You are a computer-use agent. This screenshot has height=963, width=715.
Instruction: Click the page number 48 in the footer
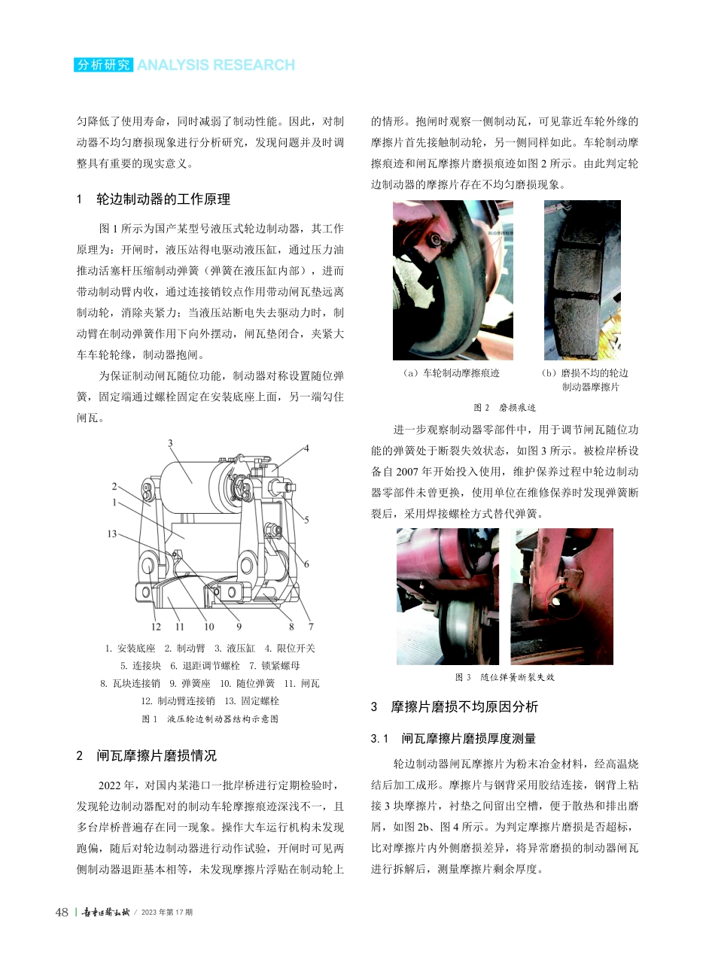(x=62, y=912)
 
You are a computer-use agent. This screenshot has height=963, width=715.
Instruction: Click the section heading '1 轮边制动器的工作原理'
(x=154, y=199)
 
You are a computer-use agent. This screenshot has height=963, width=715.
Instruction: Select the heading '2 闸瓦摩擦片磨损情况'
(x=147, y=755)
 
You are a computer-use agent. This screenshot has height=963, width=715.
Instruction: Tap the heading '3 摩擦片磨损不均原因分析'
(x=455, y=706)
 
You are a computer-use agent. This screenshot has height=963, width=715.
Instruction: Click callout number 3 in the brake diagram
(x=171, y=443)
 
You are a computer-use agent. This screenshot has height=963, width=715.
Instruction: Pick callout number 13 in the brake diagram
(x=111, y=533)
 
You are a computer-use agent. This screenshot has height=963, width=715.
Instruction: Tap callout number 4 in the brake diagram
(x=306, y=448)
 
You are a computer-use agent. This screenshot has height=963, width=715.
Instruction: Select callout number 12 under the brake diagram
(x=156, y=626)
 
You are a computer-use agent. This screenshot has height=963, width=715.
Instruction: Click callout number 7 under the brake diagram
(x=310, y=626)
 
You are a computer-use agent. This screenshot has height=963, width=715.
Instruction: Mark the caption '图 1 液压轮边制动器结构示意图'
(x=210, y=718)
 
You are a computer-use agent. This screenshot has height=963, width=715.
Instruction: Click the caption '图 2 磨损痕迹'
(x=505, y=407)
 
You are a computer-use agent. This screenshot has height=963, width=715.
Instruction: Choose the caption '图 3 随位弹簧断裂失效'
(x=505, y=677)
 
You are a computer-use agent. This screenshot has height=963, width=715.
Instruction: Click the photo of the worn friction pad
(x=582, y=280)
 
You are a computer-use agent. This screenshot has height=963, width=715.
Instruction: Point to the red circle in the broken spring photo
(x=558, y=599)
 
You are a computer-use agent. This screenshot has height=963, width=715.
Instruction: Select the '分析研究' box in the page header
(x=104, y=65)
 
